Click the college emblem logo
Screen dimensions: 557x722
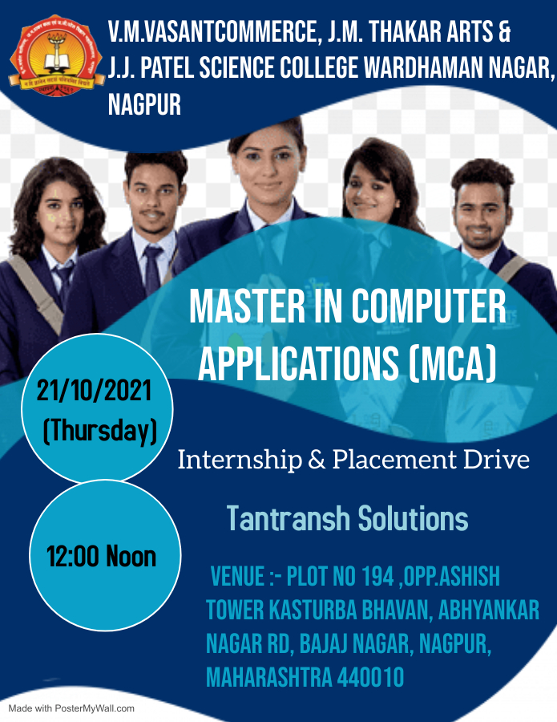57,55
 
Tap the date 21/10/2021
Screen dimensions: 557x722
95,391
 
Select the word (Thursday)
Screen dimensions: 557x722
100,431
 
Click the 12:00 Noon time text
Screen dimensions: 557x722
102,556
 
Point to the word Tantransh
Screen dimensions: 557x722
289,518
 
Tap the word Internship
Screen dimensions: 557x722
240,460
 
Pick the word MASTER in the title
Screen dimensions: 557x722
248,306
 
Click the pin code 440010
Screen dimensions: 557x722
370,677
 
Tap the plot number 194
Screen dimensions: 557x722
377,576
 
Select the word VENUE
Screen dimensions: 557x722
237,576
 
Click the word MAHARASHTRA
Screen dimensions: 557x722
268,677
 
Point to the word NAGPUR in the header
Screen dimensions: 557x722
144,104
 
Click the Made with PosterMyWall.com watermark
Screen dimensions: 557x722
72,708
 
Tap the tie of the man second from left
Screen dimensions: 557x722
151,270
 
